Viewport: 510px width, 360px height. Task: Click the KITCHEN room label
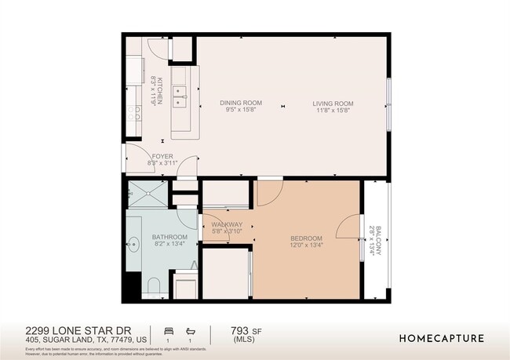pyautogui.click(x=158, y=91)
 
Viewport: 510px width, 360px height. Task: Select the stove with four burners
pyautogui.click(x=135, y=115)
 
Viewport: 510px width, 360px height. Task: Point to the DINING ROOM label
pyautogui.click(x=240, y=103)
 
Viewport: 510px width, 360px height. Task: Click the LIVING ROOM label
pyautogui.click(x=333, y=103)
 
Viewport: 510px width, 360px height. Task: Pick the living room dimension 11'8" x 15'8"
pyautogui.click(x=333, y=111)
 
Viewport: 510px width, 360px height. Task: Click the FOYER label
pyautogui.click(x=162, y=156)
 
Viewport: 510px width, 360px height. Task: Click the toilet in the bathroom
pyautogui.click(x=153, y=285)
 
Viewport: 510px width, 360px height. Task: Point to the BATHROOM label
pyautogui.click(x=169, y=237)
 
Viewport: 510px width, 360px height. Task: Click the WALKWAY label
pyautogui.click(x=228, y=224)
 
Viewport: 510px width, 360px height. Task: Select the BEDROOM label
pyautogui.click(x=306, y=238)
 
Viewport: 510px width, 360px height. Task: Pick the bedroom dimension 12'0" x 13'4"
pyautogui.click(x=306, y=246)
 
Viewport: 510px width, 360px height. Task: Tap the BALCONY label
pyautogui.click(x=378, y=240)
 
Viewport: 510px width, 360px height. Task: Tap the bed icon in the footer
pyautogui.click(x=167, y=331)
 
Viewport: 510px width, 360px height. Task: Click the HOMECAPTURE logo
pyautogui.click(x=442, y=339)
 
